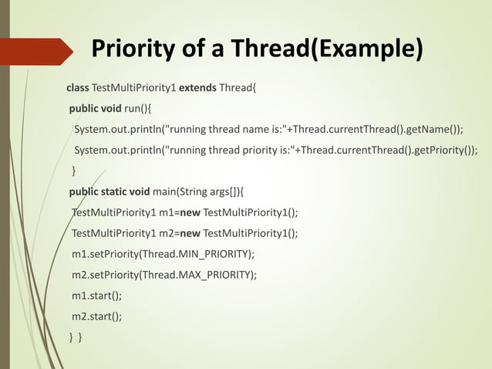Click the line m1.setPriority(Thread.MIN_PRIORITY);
(x=163, y=254)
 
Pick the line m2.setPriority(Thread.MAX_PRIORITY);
(x=164, y=275)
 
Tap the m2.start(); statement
(x=96, y=316)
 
